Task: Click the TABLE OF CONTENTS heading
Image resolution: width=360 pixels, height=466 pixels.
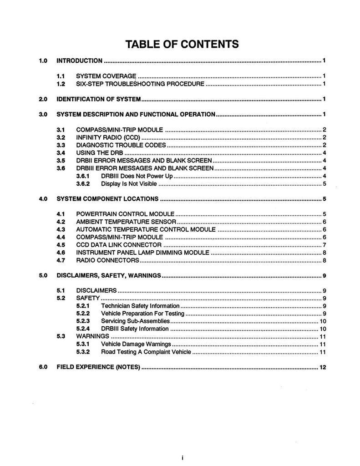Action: coord(182,44)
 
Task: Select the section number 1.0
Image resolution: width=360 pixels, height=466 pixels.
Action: coord(43,61)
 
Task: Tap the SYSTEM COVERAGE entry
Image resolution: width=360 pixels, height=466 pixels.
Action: coord(106,76)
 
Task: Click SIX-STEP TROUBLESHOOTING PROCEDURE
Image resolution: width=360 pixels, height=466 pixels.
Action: coord(140,84)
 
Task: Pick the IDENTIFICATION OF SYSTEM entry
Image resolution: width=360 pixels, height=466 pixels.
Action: coord(99,99)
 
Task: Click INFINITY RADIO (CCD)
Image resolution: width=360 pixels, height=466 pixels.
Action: coord(108,137)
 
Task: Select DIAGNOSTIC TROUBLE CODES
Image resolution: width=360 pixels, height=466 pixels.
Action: coord(121,145)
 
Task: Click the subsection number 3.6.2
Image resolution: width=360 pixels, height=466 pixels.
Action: coord(83,184)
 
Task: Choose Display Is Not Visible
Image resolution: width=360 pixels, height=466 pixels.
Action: coord(129,184)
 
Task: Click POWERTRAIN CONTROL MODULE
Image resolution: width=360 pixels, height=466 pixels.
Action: coord(125,214)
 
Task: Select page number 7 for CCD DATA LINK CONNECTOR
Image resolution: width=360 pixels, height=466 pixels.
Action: coord(323,245)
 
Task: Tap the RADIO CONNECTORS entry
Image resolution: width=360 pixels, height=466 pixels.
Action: coord(107,260)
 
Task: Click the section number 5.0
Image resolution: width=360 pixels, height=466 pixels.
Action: coord(43,275)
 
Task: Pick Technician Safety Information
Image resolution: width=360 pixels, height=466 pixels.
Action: coord(140,306)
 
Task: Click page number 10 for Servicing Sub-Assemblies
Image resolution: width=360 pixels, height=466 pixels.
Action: coord(322,321)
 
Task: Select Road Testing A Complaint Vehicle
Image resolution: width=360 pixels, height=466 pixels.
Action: coord(146,352)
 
